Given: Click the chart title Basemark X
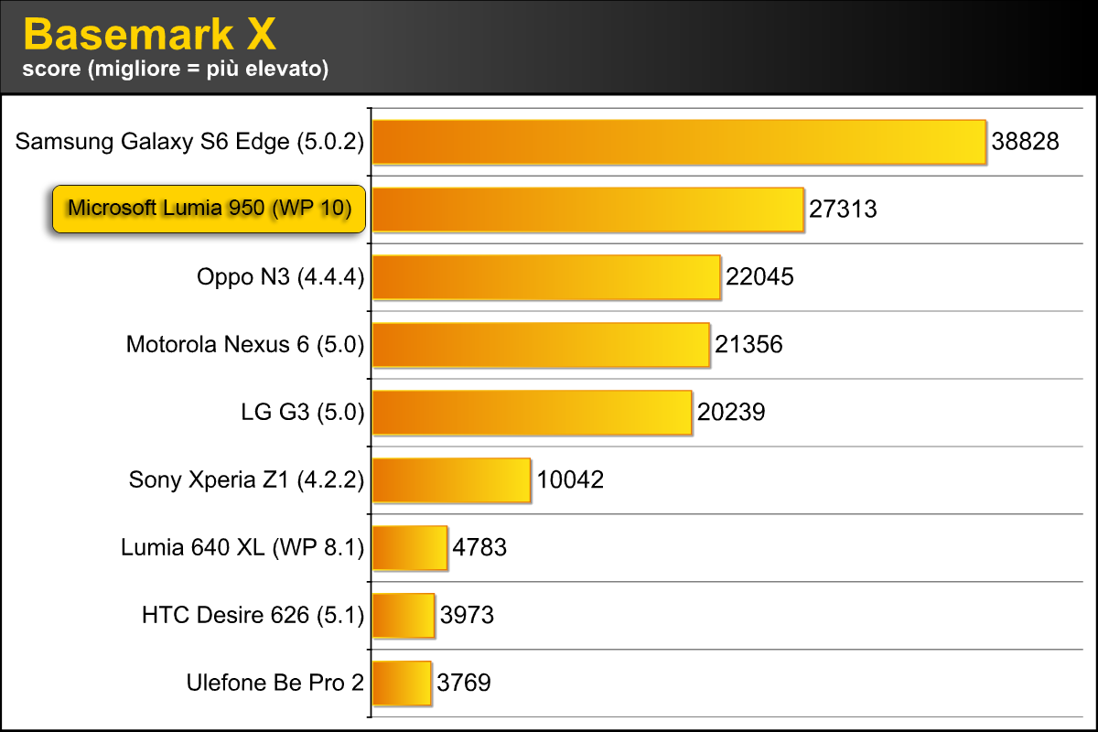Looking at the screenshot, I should tap(148, 35).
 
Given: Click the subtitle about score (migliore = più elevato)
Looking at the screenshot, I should tap(176, 69).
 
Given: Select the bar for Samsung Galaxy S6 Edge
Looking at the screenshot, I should tap(679, 142).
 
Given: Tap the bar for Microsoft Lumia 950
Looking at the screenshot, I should tap(588, 210).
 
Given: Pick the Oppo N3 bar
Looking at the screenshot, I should tap(546, 277).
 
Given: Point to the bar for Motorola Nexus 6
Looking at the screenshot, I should tap(541, 345).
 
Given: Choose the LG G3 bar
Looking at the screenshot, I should tap(532, 413).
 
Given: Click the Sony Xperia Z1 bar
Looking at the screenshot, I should tap(451, 480).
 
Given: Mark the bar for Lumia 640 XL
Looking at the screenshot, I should tap(410, 548).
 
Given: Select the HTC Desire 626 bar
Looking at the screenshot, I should tap(404, 615).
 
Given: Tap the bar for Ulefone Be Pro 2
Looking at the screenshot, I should tap(402, 683).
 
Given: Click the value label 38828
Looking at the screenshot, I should tap(1025, 142).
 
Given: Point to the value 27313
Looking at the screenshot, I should tap(843, 210).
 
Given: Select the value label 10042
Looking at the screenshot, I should tap(570, 480).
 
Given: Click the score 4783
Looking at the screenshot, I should tap(479, 548).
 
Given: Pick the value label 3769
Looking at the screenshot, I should tap(464, 683).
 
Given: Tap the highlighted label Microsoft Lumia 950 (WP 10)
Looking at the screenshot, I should tap(209, 210).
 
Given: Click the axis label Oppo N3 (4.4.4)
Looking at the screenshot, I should tap(280, 277).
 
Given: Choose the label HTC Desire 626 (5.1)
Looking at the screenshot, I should tap(253, 615).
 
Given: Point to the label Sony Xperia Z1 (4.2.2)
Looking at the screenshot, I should tap(246, 480).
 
